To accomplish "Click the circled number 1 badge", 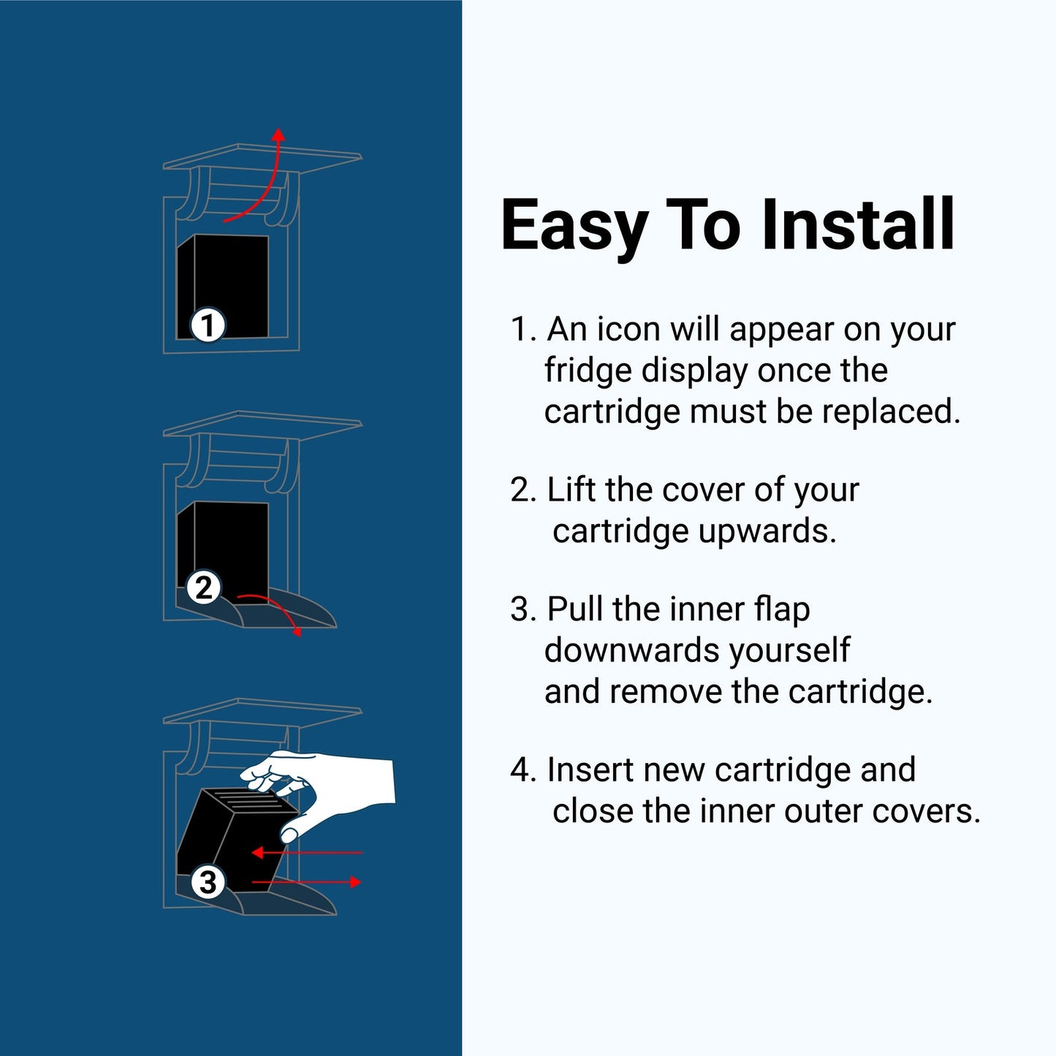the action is click(208, 325).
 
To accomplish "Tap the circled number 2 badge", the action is click(204, 588).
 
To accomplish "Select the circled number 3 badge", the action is click(208, 883).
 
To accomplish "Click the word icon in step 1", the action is click(628, 329).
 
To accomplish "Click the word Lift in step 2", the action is click(571, 489).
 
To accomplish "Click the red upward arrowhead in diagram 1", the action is click(279, 134).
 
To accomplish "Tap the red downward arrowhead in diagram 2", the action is click(298, 632).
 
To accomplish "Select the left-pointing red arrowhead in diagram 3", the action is click(257, 853).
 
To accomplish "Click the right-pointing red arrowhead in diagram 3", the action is click(356, 882).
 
